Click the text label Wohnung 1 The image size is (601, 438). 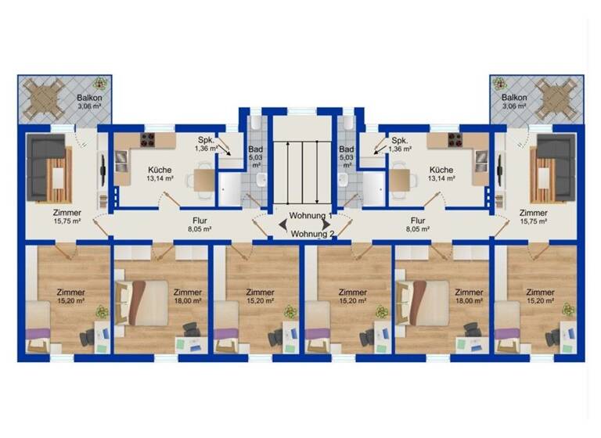[x=311, y=216]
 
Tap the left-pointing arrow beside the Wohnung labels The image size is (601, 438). [x=281, y=225]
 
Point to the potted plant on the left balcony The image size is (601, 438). [x=99, y=83]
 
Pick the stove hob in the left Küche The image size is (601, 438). [x=147, y=140]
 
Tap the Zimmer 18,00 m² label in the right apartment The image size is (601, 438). [x=469, y=296]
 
